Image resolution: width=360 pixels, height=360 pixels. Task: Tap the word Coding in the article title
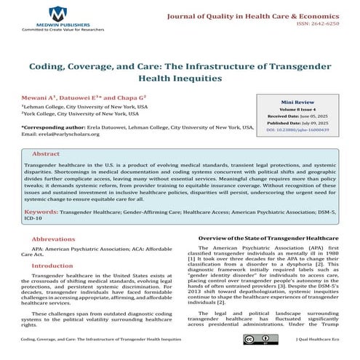52,65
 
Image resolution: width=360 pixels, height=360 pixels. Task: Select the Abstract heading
46,155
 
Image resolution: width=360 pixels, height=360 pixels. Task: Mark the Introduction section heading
55,266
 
